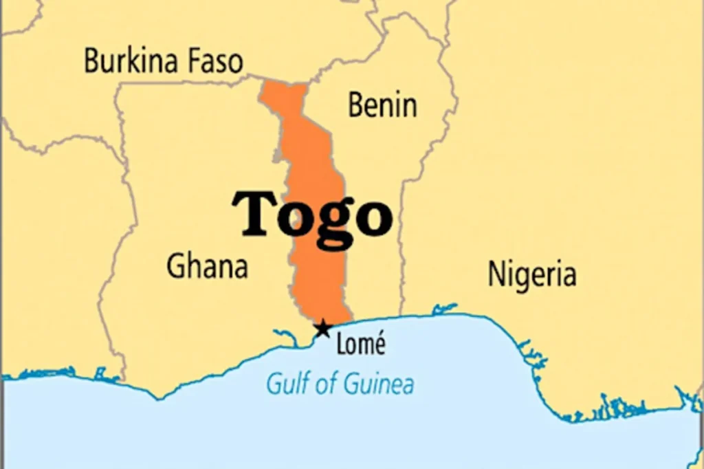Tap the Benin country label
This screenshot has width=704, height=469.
[382, 105]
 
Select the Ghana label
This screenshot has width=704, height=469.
[207, 265]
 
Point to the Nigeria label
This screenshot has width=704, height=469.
[531, 274]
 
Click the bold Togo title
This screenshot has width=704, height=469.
[312, 215]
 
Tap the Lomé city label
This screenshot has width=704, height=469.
[360, 344]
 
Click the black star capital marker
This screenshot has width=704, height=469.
[322, 329]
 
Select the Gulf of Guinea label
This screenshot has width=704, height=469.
[340, 383]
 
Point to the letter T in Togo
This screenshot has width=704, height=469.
[254, 213]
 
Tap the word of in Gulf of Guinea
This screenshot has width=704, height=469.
[323, 382]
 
